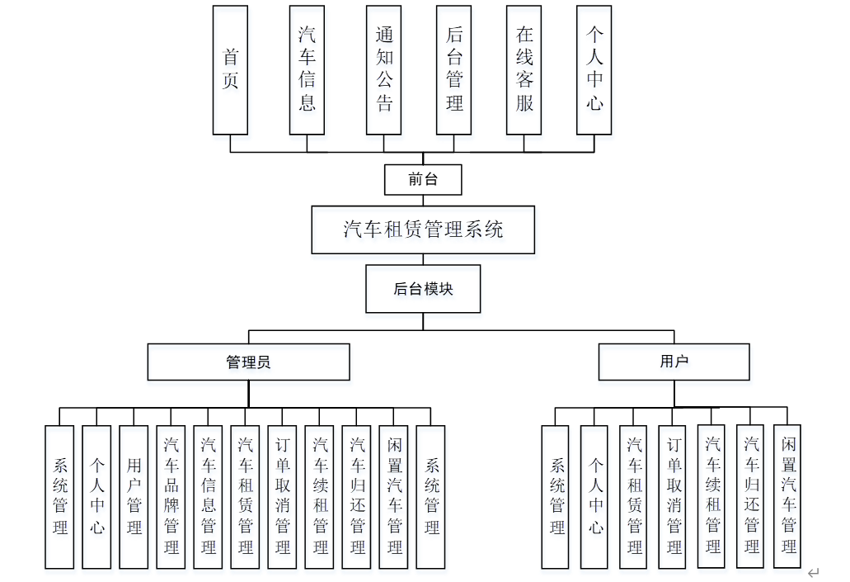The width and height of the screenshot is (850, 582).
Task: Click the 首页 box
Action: click(230, 70)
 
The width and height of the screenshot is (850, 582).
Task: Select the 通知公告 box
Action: click(384, 70)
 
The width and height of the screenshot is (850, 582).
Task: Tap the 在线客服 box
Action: click(524, 70)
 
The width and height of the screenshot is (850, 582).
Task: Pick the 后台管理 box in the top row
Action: click(454, 70)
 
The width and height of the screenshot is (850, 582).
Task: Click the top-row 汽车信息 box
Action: click(307, 70)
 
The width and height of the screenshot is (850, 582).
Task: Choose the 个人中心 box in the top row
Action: click(594, 70)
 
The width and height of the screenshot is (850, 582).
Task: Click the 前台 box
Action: click(423, 179)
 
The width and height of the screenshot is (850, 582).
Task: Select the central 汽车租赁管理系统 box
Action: click(423, 229)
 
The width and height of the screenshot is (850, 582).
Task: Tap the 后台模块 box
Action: click(423, 290)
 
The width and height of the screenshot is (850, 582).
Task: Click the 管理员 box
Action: click(249, 362)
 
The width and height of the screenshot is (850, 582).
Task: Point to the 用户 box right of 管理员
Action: click(674, 362)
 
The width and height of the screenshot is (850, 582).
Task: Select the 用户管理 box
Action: click(134, 497)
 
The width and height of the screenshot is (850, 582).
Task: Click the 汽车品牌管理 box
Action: click(171, 497)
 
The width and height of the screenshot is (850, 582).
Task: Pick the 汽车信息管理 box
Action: click(208, 497)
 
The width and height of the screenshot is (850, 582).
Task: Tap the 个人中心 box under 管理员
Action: click(96, 497)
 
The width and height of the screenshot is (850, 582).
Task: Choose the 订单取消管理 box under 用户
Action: click(674, 497)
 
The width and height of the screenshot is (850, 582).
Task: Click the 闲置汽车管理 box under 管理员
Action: click(393, 497)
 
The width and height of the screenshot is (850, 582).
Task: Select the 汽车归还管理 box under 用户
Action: click(750, 497)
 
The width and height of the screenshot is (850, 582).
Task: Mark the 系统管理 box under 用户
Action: click(556, 497)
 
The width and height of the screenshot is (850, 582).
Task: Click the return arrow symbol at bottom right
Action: click(814, 572)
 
